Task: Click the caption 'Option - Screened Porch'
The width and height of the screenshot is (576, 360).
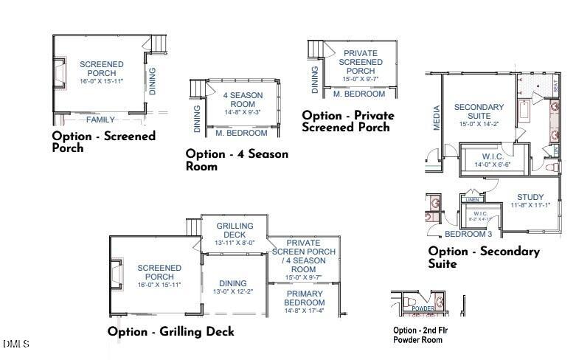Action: pos(103,142)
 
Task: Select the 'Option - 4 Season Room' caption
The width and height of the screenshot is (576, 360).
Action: pos(237,160)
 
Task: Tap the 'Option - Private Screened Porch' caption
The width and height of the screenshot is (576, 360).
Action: pos(347,121)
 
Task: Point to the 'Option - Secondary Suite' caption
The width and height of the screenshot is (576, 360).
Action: pos(484,257)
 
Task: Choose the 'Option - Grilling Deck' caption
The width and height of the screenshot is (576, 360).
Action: pos(170,332)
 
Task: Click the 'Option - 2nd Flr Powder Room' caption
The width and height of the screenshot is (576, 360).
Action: pos(420,335)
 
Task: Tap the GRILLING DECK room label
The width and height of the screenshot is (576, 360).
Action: pos(235,230)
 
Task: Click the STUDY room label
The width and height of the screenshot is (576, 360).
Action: pos(530,197)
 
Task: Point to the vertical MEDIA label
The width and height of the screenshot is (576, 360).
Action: pos(437,118)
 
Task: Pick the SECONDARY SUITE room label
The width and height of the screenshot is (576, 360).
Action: pos(479,112)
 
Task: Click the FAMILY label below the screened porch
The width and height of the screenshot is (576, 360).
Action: pos(100,120)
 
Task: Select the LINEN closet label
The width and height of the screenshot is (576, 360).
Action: pos(473,200)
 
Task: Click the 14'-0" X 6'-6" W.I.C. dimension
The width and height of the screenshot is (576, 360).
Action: pos(492,166)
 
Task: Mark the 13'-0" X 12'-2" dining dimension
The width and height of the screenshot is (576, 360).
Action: pos(233,291)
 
